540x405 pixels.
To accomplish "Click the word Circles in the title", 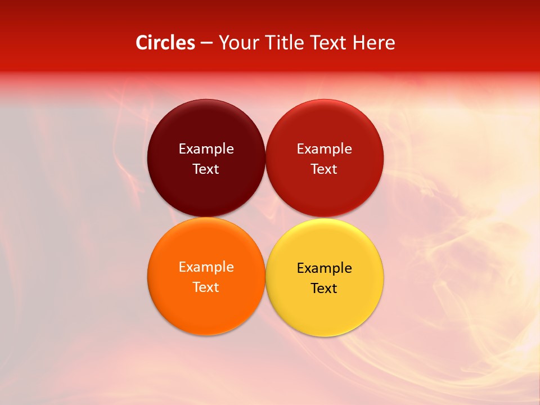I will click(165, 43).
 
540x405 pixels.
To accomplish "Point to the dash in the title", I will click(206, 43).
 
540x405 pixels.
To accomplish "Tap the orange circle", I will click(206, 304).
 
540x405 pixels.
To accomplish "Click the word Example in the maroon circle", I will click(206, 149).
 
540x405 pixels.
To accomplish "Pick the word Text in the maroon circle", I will click(206, 169).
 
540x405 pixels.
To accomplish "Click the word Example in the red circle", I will click(324, 149).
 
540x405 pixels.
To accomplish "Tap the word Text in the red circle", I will click(324, 169).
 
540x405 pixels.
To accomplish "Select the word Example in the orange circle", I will click(206, 267).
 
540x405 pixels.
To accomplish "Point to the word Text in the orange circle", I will click(206, 287).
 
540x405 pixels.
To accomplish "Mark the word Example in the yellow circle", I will click(324, 268).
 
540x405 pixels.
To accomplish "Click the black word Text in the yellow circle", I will click(324, 289).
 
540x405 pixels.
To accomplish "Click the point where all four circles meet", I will click(265, 218).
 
